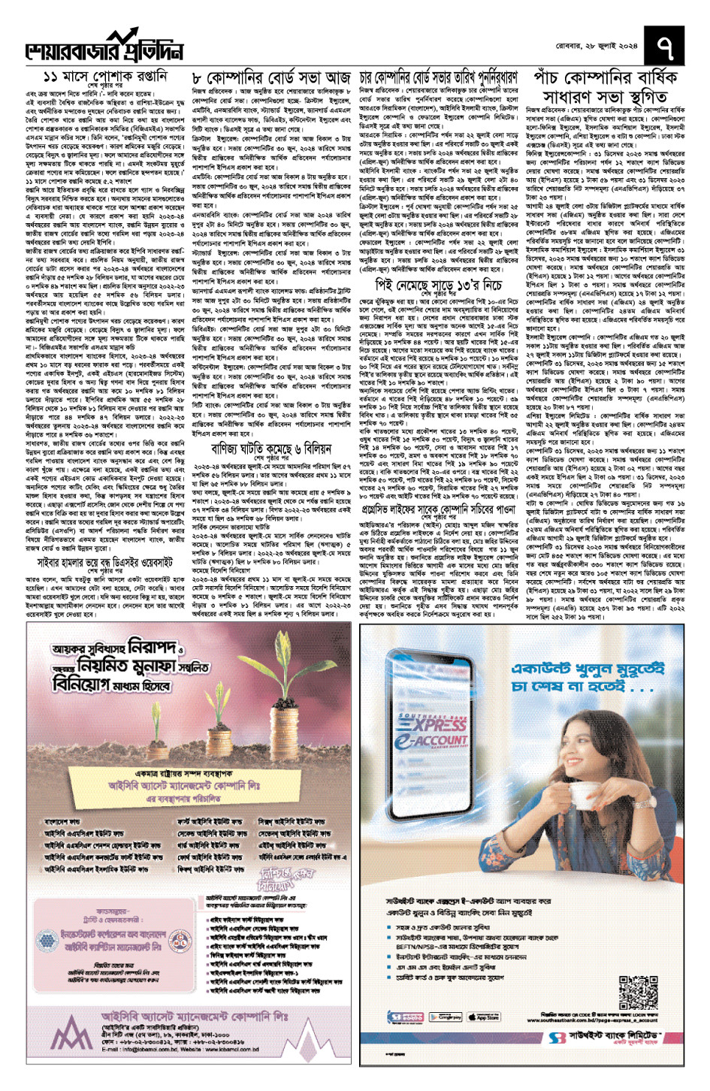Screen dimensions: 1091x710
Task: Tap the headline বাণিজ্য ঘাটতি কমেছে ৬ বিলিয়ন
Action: coord(271,449)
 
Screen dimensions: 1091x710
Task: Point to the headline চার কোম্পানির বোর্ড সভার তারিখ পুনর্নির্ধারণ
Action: coord(439,78)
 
